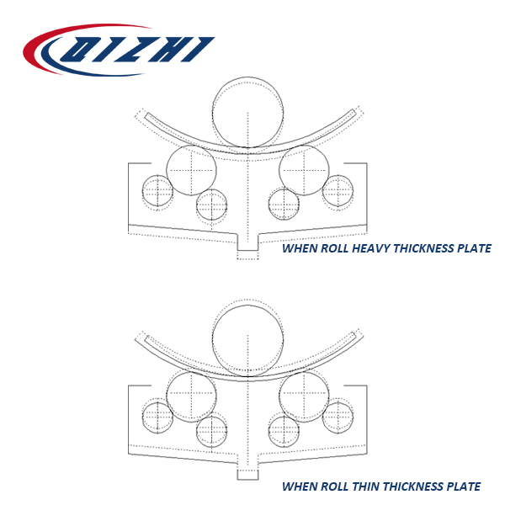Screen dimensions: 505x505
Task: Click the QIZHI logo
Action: (119, 50)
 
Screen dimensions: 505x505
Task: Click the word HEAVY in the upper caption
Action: (371, 248)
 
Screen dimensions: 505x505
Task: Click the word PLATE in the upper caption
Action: (475, 248)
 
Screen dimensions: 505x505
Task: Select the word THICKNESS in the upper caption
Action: (424, 248)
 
